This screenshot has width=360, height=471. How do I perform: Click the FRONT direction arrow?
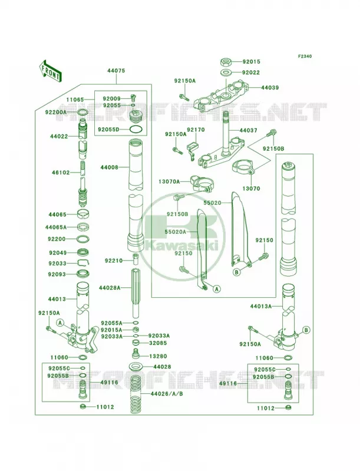click(50, 70)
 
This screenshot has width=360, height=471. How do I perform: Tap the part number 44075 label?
click(116, 71)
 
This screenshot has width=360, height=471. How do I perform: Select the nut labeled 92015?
click(226, 62)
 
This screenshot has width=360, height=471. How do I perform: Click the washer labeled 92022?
click(226, 72)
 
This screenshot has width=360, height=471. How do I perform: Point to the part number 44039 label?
click(270, 88)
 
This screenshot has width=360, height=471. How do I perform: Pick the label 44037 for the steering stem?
click(249, 131)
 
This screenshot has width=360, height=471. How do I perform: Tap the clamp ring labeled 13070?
click(244, 167)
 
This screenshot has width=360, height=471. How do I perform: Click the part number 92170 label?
click(196, 130)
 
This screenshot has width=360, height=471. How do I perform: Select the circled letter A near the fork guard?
click(216, 288)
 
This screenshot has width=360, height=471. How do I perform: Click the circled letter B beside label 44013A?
click(306, 330)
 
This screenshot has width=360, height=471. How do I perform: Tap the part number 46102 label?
click(61, 173)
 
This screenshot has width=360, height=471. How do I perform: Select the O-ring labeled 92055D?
click(136, 130)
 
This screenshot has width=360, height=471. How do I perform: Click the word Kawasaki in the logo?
click(181, 246)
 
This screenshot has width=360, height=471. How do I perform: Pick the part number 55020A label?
click(176, 232)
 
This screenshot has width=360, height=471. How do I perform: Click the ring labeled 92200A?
click(82, 112)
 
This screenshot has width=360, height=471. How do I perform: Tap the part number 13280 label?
click(158, 356)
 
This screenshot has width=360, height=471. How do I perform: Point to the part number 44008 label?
click(110, 167)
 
